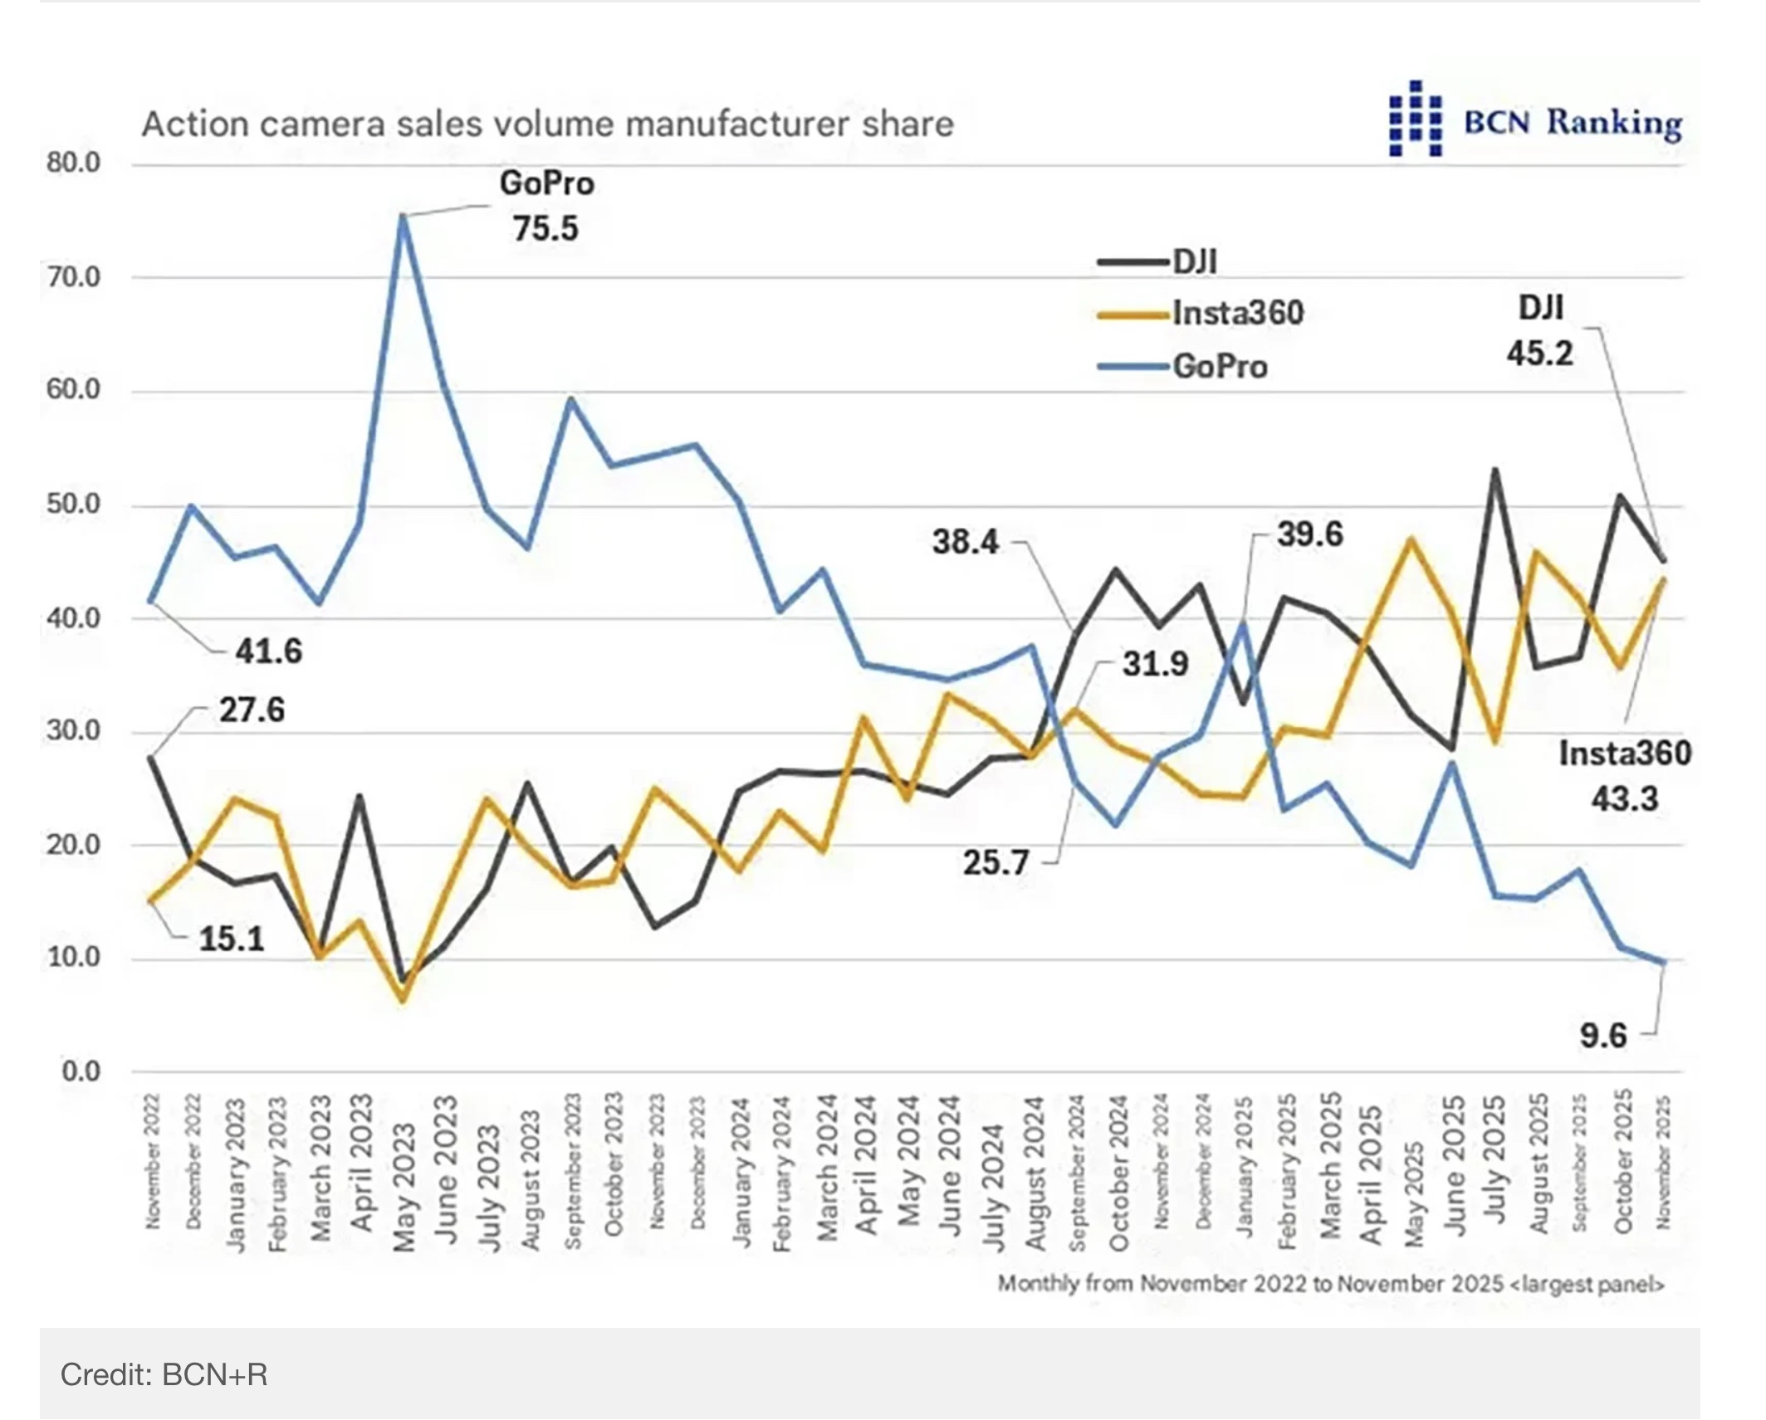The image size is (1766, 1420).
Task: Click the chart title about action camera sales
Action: click(x=547, y=124)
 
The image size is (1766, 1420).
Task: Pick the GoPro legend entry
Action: click(x=1184, y=367)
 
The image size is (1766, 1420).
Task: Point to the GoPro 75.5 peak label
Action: click(x=546, y=206)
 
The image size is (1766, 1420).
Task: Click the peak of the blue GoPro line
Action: click(x=403, y=217)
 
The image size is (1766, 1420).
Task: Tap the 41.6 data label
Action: click(x=269, y=651)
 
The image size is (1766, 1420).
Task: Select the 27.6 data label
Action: click(x=252, y=710)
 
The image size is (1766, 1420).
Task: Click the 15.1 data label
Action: click(x=232, y=939)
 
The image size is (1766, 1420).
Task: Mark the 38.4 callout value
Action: click(x=966, y=542)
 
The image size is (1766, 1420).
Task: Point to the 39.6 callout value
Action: click(x=1309, y=534)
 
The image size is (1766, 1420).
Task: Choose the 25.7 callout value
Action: click(x=996, y=863)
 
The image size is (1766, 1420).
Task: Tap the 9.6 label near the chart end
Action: click(x=1602, y=1036)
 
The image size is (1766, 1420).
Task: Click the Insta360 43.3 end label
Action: click(x=1625, y=776)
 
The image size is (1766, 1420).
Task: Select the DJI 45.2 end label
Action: click(x=1540, y=330)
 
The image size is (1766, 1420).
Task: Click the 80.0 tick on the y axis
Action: click(x=73, y=163)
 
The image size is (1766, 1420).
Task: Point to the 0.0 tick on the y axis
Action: click(x=81, y=1071)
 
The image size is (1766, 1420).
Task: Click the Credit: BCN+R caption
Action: click(x=164, y=1375)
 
